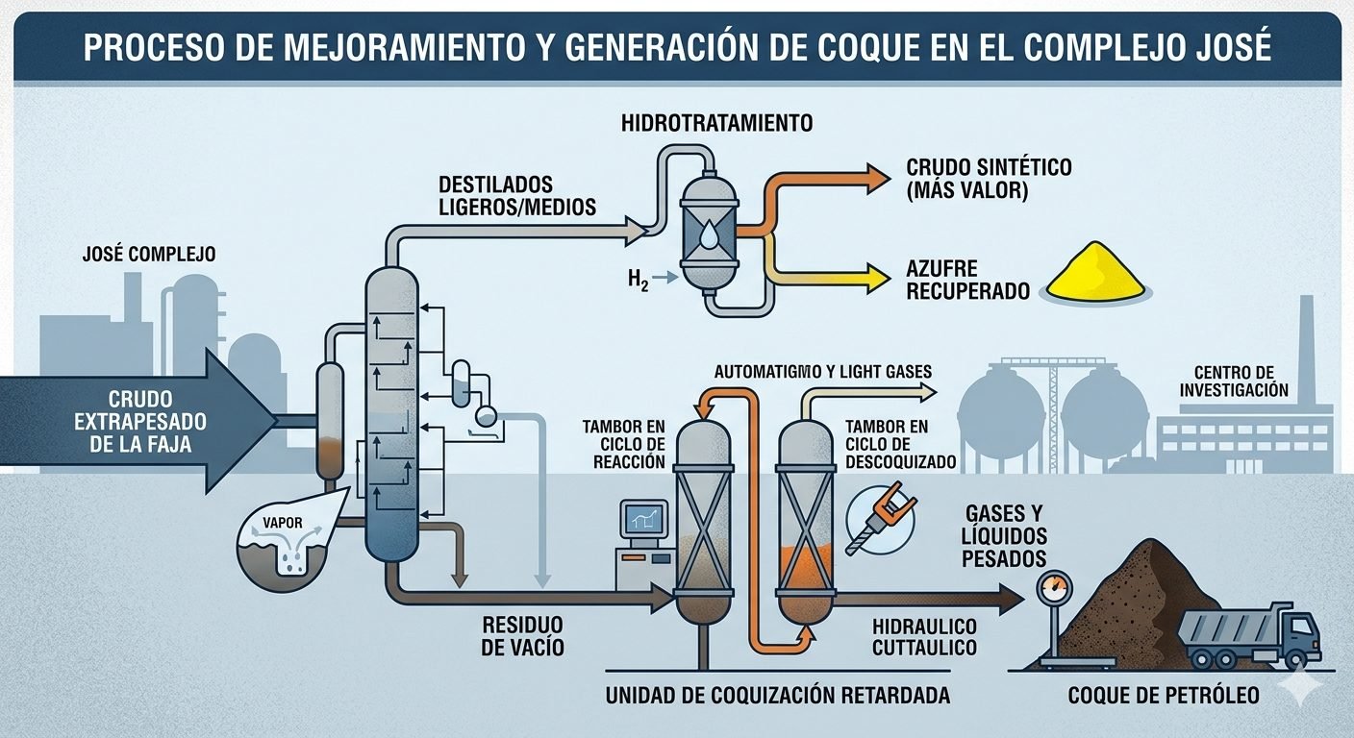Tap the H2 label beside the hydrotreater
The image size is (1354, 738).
coord(637,280)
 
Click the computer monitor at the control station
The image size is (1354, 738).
coord(644,520)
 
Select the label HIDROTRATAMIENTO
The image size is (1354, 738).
coord(716,123)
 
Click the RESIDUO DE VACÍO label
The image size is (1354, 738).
coord(521,636)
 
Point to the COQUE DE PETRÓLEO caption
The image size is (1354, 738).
coord(1163,695)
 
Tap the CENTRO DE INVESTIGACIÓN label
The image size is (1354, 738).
coord(1240,381)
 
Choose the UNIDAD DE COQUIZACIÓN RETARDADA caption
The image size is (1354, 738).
coord(777,695)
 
